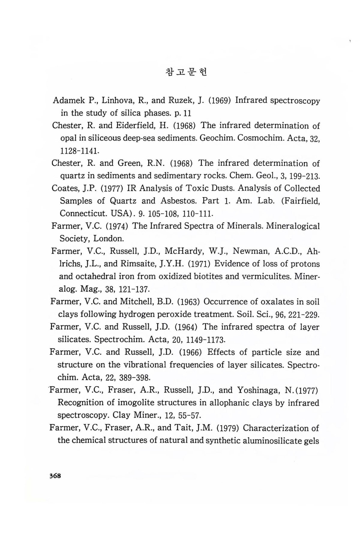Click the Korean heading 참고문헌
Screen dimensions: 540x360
click(x=186, y=72)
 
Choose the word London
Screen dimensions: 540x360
click(x=108, y=238)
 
